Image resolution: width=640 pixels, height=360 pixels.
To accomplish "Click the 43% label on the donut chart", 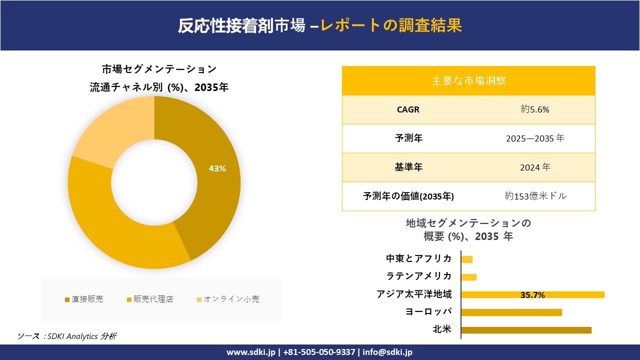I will (217, 169).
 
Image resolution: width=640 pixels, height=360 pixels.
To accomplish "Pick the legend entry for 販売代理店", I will (149, 299).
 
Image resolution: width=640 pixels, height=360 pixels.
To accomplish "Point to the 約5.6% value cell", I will (535, 109).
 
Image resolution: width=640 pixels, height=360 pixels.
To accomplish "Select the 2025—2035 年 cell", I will (535, 138).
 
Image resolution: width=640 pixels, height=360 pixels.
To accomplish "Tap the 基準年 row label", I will (408, 167).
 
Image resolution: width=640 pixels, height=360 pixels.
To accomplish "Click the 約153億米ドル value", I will (535, 196).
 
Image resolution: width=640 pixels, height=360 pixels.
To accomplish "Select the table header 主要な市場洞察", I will (468, 80).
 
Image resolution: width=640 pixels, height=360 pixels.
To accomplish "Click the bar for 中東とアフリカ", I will (467, 259).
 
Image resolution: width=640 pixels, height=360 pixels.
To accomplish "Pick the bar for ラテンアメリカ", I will (469, 277).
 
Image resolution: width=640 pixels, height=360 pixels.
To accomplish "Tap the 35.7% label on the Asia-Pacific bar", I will (532, 295).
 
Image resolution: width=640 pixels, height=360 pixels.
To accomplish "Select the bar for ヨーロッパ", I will (511, 312).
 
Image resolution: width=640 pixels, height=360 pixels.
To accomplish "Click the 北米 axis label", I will (442, 329).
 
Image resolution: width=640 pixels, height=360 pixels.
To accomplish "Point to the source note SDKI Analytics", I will (67, 336).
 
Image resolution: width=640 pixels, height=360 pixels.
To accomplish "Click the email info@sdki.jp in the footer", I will (387, 352).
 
